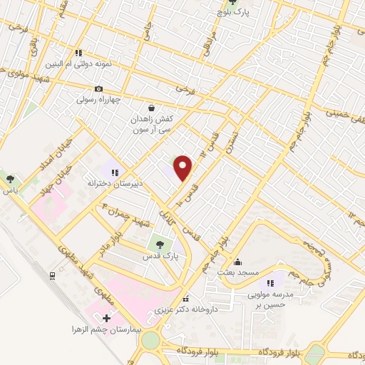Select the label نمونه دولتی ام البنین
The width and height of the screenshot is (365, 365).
click(x=78, y=64)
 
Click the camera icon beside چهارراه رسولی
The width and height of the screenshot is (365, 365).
click(x=98, y=89)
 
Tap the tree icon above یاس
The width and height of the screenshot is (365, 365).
click(x=11, y=178)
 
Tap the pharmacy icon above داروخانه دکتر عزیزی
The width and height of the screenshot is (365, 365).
click(x=185, y=299)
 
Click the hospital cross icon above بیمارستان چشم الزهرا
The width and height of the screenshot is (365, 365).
click(x=107, y=318)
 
